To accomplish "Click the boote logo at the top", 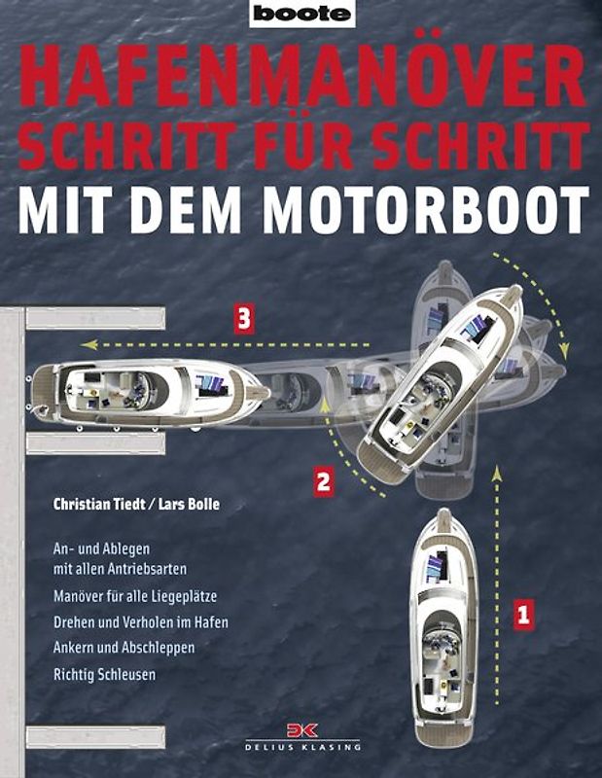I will [301, 14].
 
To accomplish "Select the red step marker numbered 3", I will [243, 319].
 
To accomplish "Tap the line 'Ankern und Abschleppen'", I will [124, 646].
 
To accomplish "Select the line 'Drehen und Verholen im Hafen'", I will [141, 620].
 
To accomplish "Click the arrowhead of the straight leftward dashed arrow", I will [86, 344].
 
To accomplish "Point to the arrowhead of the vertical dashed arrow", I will [497, 472].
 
